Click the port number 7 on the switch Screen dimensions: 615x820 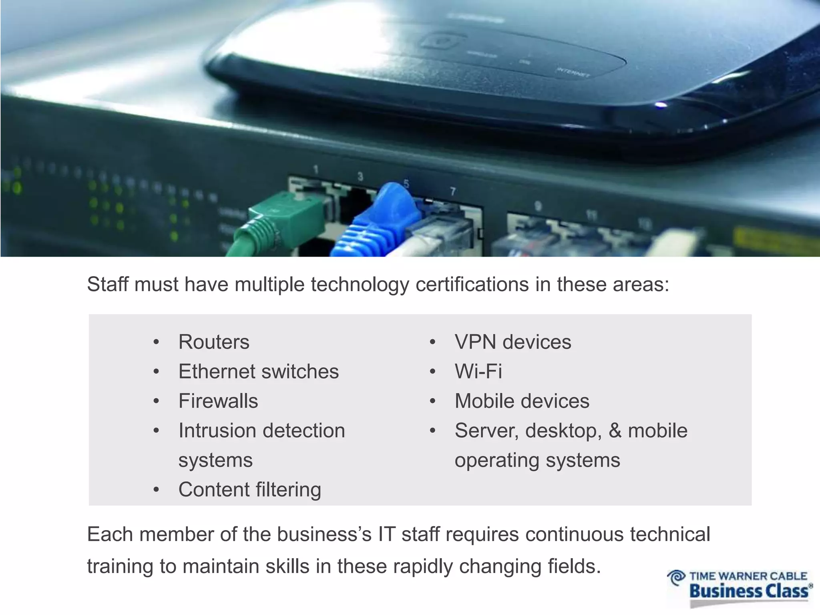[x=453, y=192]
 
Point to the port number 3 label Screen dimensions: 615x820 [x=360, y=177]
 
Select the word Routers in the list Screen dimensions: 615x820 [x=214, y=342]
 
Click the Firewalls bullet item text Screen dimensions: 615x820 [x=218, y=401]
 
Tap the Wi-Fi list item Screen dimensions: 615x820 [x=478, y=371]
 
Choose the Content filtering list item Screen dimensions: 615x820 [x=249, y=489]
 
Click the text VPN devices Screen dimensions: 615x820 [x=512, y=342]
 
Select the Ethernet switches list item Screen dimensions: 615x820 [x=259, y=371]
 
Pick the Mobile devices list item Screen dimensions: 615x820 [x=522, y=401]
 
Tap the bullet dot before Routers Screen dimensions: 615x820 [x=156, y=342]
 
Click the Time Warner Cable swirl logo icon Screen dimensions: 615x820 [x=676, y=578]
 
